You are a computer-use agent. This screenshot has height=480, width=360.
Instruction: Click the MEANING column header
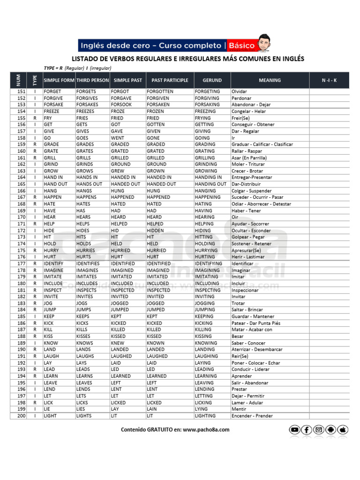coord(270,80)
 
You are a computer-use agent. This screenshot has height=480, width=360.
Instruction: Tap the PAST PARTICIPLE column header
coord(166,80)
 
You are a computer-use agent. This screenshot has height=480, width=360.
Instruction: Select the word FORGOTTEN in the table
coord(160,91)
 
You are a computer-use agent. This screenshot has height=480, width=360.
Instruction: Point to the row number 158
coord(21,138)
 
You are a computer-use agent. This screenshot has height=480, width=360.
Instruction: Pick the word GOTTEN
coord(156,125)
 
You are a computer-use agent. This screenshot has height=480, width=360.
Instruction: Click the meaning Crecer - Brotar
coord(247,171)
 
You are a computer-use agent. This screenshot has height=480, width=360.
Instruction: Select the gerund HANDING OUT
coord(210,184)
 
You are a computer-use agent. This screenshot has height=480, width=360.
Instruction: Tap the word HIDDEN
coord(155,231)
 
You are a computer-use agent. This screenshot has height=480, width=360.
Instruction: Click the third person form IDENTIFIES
coord(88,263)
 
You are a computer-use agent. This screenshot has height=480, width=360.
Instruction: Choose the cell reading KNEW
coord(118,343)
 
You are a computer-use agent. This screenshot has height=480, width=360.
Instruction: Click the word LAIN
coord(151,409)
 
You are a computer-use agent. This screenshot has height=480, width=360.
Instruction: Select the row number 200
coord(21,416)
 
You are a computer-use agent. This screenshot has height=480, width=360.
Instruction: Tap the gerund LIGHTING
coord(205,416)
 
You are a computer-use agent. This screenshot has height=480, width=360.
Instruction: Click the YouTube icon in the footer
coord(294,429)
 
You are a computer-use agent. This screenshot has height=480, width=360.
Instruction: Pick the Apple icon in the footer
coord(343,429)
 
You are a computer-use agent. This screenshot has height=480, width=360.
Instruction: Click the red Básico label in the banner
coord(242,45)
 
